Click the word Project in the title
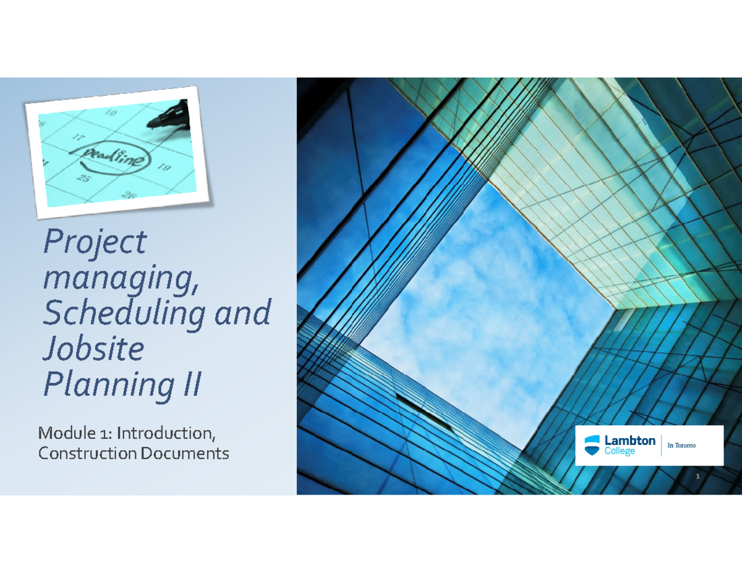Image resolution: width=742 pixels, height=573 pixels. [94, 242]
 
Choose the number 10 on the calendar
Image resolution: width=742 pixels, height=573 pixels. [110, 113]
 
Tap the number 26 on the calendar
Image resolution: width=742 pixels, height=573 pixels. [129, 196]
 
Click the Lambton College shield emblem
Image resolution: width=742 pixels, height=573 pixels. [592, 445]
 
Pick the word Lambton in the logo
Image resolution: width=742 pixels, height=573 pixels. [629, 441]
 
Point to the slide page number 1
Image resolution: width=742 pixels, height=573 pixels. [697, 477]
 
